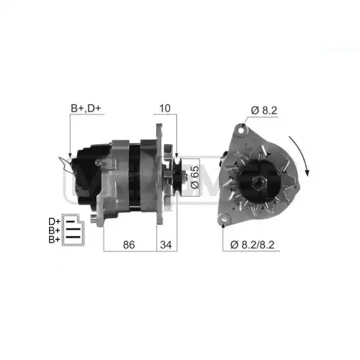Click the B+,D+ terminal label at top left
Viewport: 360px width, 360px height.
pos(86,108)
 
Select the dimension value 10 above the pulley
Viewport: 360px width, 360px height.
pos(165,109)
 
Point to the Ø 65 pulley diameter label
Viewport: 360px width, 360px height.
pos(194,177)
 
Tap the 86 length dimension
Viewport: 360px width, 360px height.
pos(129,245)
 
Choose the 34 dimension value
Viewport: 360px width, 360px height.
pos(166,245)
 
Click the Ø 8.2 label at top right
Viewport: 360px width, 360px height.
pos(264,110)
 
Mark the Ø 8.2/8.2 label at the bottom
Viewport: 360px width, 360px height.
pos(252,245)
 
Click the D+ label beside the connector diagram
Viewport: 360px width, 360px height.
pos(55,221)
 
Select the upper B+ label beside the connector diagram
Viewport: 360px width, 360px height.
pos(55,230)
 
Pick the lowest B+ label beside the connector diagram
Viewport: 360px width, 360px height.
pos(55,239)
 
